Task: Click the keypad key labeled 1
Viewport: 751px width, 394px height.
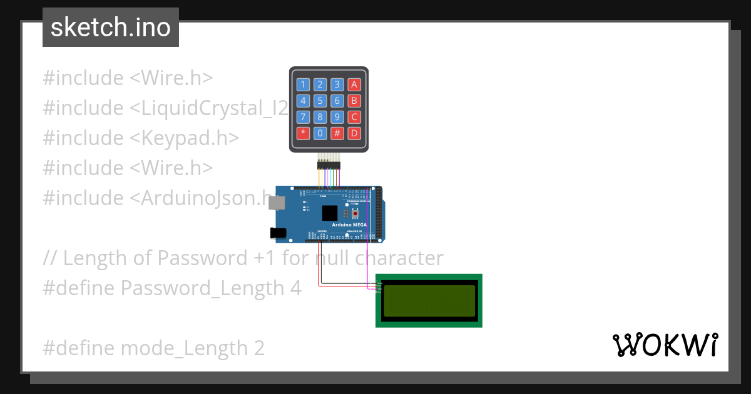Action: point(303,84)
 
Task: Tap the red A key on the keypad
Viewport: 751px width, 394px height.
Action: point(354,84)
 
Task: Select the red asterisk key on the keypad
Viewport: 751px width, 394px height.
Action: point(303,133)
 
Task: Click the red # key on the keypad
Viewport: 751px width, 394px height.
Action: point(337,133)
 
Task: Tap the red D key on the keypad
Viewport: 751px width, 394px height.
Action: point(354,133)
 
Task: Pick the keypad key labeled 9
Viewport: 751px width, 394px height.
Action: point(337,116)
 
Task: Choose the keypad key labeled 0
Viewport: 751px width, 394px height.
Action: point(320,133)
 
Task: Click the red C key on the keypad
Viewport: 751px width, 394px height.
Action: point(354,116)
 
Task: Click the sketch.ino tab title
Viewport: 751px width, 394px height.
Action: point(111,28)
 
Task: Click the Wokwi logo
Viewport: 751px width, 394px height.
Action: point(665,345)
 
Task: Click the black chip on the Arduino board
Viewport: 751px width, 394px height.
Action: point(329,213)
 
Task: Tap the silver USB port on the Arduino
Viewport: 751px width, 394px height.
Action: point(278,203)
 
